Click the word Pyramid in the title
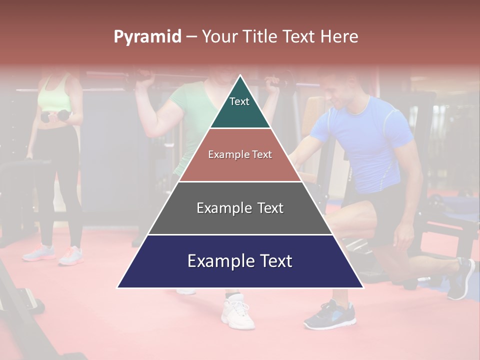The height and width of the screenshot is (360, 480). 147,37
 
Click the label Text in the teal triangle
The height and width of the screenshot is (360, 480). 239,101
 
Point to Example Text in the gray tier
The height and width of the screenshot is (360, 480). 240,208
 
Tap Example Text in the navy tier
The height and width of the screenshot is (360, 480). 240,261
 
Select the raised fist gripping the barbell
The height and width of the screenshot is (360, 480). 145,77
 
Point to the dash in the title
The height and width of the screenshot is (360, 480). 191,37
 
